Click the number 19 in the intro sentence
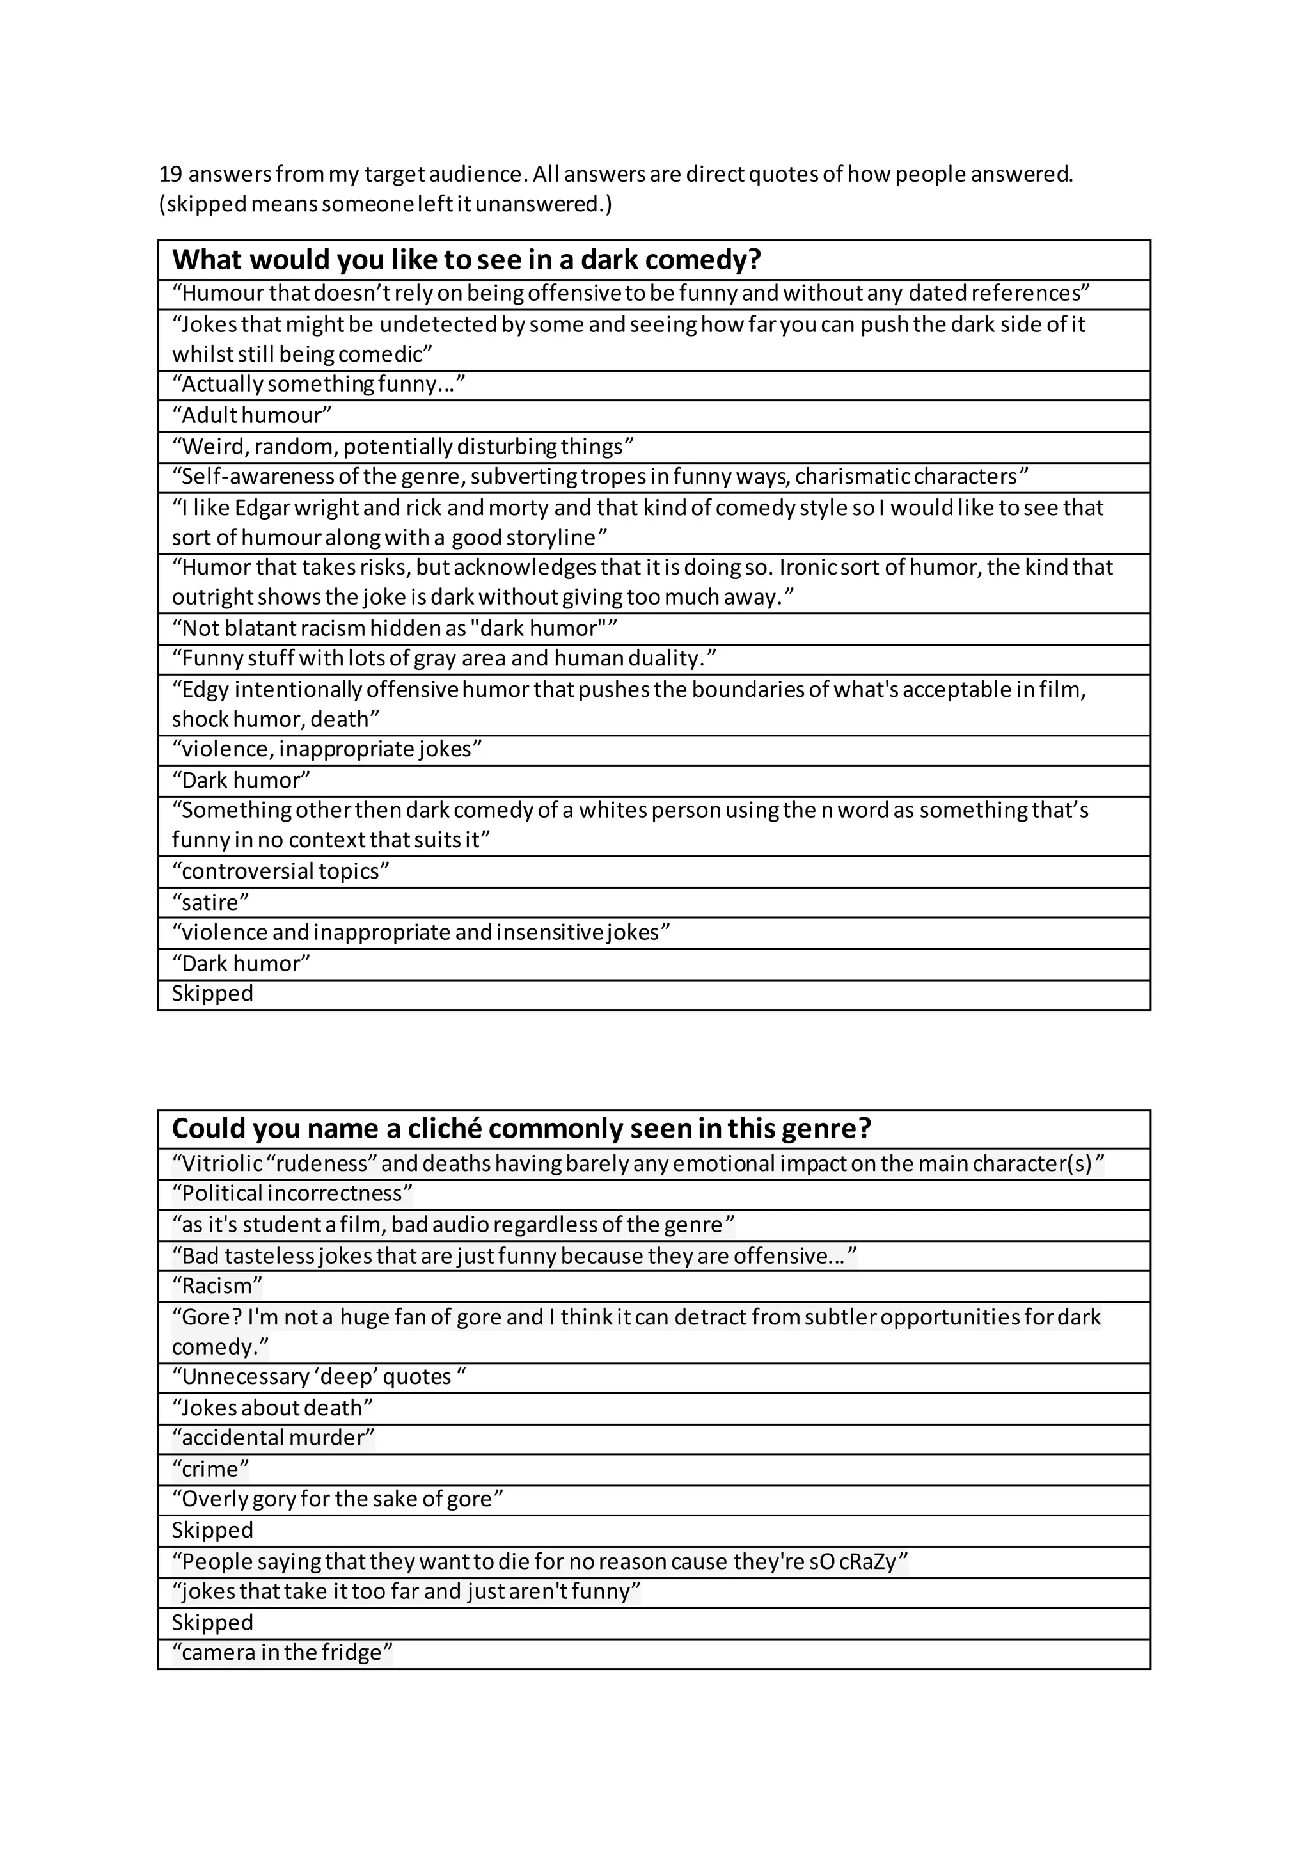coord(170,174)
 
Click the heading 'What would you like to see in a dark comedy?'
coord(466,260)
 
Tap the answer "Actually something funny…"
coord(319,384)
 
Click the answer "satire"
coord(210,902)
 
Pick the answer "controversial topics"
coord(281,871)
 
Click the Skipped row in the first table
coord(212,994)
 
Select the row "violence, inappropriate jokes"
coord(327,750)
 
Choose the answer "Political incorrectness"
coord(292,1193)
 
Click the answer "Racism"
coord(217,1285)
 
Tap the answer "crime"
coord(210,1469)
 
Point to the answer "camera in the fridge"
coord(282,1652)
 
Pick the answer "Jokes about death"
coord(272,1408)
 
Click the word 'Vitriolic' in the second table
coord(217,1164)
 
